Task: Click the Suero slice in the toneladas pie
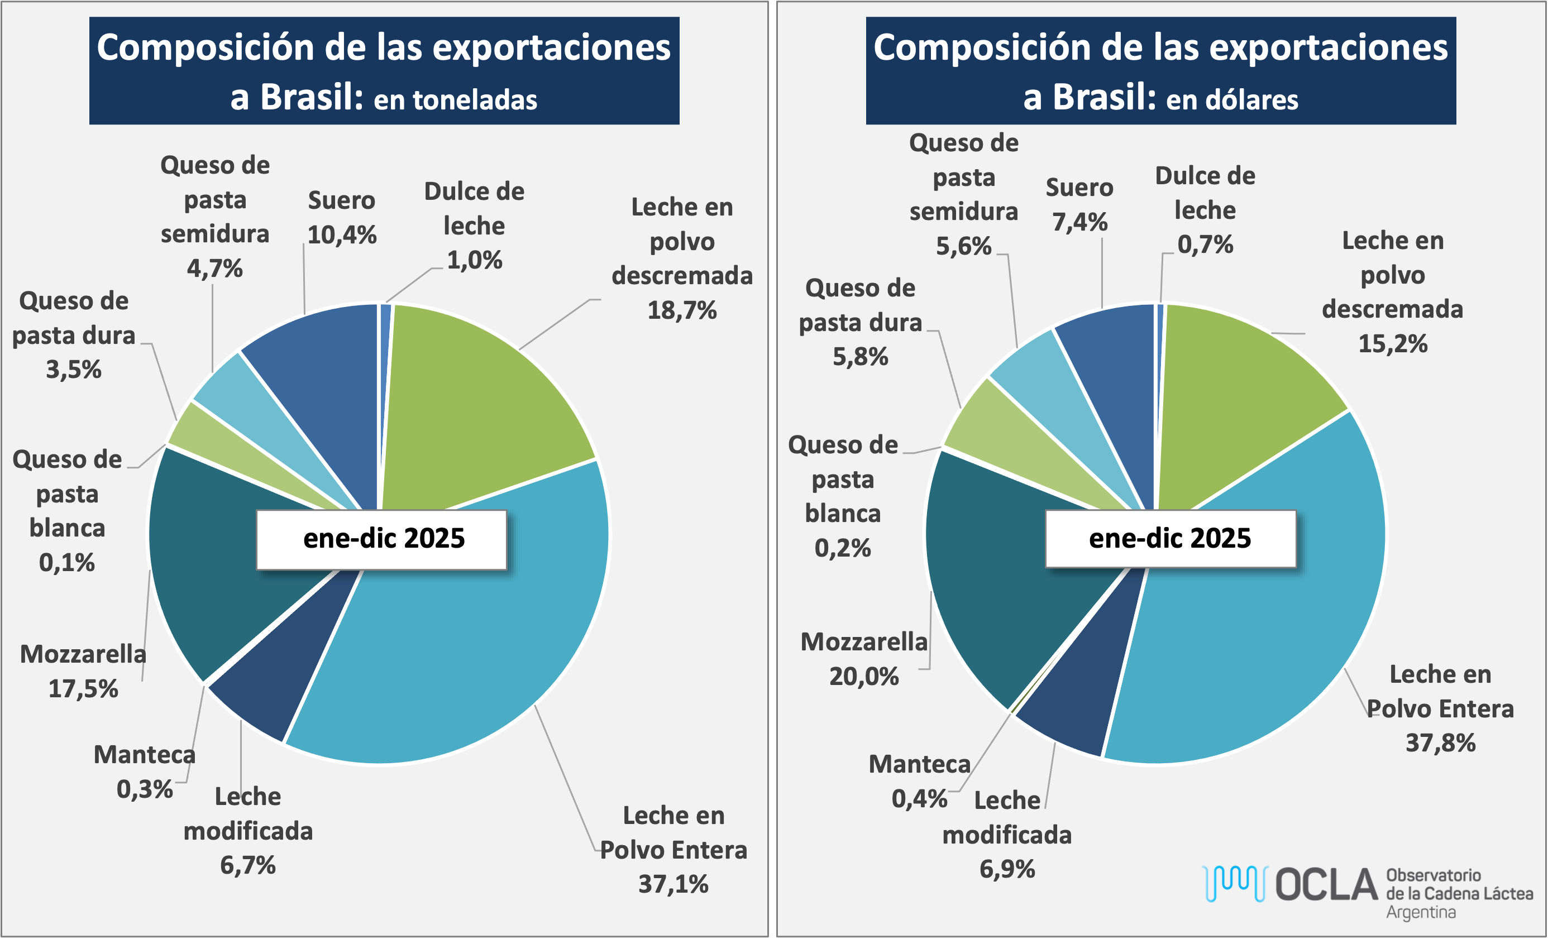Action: tap(321, 377)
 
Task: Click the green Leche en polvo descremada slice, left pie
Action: tap(477, 402)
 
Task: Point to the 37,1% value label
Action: tap(673, 884)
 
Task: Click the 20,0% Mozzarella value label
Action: tap(864, 677)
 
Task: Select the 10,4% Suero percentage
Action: tap(342, 235)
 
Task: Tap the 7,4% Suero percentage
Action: tap(1079, 222)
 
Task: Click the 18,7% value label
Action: tap(682, 310)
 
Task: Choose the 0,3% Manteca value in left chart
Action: tap(145, 789)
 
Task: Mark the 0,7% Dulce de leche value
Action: tap(1205, 245)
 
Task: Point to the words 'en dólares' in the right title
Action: tap(1232, 100)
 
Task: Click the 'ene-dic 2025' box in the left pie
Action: tap(381, 539)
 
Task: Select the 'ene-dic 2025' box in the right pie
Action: tap(1170, 538)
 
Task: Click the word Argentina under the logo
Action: tap(1421, 912)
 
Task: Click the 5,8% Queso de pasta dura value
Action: tap(860, 357)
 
